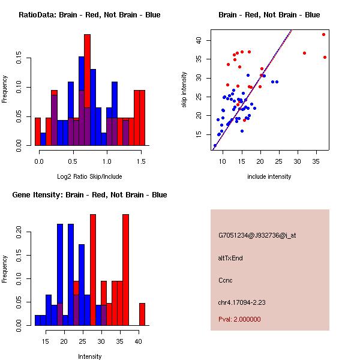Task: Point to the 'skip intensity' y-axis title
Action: click(x=184, y=90)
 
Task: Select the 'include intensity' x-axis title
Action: click(x=269, y=176)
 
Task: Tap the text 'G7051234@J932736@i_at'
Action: click(x=257, y=235)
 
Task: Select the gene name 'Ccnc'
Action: click(x=226, y=280)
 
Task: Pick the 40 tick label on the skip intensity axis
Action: click(x=198, y=40)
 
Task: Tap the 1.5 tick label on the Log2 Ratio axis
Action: click(x=140, y=161)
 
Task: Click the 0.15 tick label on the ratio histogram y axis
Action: click(x=21, y=59)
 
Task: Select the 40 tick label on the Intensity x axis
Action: click(x=139, y=341)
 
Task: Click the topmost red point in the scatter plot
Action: click(x=323, y=34)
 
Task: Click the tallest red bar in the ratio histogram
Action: click(x=87, y=89)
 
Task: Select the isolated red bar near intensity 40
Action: click(x=142, y=314)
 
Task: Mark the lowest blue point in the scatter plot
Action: click(x=215, y=145)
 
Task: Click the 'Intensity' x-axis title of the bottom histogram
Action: click(x=89, y=356)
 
